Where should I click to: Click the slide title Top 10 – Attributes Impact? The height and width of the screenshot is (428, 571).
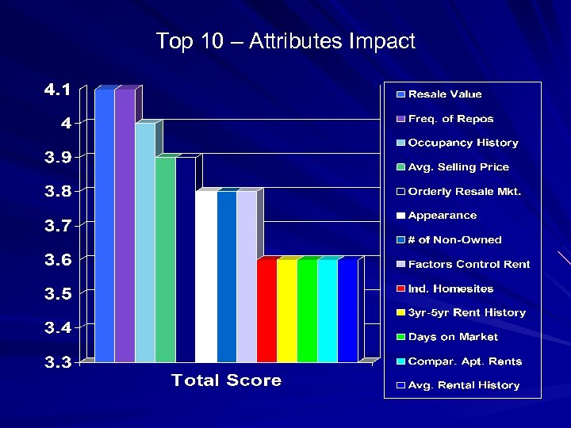[x=285, y=41]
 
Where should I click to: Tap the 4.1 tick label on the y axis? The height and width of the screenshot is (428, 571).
[x=56, y=90]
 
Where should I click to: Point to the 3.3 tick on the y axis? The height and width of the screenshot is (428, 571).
[x=56, y=362]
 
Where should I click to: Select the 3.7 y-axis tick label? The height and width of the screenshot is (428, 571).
[x=56, y=226]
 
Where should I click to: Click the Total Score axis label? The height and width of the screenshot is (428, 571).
[x=226, y=380]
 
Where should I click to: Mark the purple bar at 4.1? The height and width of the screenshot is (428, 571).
[x=125, y=226]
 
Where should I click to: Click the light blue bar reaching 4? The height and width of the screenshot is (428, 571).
[x=145, y=242]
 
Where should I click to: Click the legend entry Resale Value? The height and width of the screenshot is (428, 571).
[x=445, y=94]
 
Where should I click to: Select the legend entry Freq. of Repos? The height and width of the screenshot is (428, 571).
[x=450, y=119]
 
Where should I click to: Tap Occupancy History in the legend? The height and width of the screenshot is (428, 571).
[x=463, y=143]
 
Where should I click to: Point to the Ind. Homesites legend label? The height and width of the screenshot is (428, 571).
[x=450, y=289]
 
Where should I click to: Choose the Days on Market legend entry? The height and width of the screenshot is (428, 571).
[x=453, y=337]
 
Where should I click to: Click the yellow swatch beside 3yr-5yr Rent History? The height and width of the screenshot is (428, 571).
[x=401, y=313]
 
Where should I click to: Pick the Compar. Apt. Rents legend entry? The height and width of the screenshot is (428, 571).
[x=465, y=361]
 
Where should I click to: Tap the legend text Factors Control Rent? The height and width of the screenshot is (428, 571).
[x=469, y=264]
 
